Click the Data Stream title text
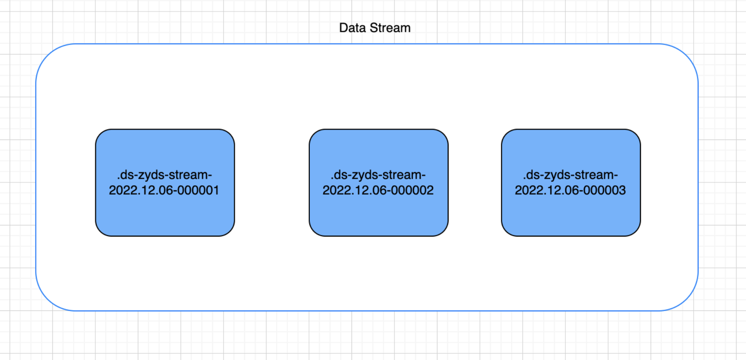[x=375, y=28]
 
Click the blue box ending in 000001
[x=165, y=218]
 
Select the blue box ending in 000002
[x=378, y=218]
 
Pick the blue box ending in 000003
[x=570, y=218]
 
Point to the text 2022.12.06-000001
[x=164, y=191]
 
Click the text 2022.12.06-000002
[x=378, y=191]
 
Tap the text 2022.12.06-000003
[x=570, y=191]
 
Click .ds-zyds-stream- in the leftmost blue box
[x=165, y=174]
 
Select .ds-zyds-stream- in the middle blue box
[x=378, y=174]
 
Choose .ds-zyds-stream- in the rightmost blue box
[x=570, y=174]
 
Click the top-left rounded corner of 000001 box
[x=99, y=134]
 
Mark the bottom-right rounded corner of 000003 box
[x=636, y=232]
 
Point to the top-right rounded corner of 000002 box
[x=444, y=134]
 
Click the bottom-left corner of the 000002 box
[x=313, y=232]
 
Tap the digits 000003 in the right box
[x=608, y=191]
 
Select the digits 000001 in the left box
[x=202, y=191]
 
